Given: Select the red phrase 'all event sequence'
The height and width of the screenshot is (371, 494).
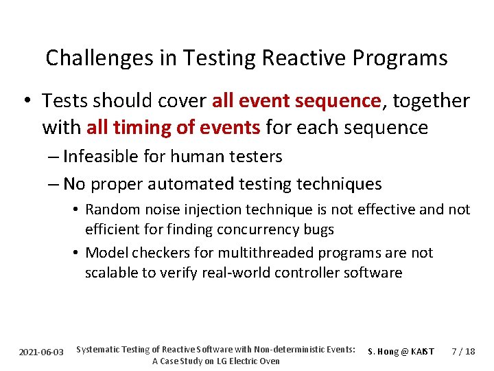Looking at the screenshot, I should [x=296, y=101].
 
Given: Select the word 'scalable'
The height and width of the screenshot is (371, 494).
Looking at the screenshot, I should [x=111, y=273].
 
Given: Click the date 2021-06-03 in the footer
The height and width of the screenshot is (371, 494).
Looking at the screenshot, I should [x=41, y=352].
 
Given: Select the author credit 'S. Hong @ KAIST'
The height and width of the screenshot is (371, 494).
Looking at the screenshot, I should [x=401, y=352].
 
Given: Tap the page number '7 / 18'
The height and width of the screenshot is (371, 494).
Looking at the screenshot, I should [x=463, y=352].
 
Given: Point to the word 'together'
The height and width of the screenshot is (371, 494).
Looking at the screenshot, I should [x=430, y=101].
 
